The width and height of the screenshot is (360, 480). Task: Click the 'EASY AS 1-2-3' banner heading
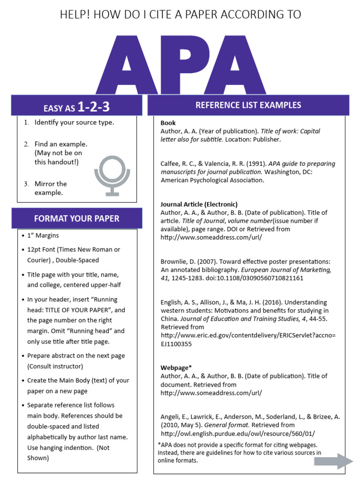[76, 107]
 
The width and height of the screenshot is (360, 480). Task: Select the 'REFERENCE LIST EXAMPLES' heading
[248, 105]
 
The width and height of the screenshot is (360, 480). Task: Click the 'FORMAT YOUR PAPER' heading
[76, 218]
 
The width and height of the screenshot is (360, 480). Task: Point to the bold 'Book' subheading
[168, 123]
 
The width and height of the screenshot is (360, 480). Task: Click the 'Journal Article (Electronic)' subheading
[199, 204]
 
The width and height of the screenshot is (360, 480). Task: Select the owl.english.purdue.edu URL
[238, 434]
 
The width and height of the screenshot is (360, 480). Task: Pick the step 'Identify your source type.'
[74, 122]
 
